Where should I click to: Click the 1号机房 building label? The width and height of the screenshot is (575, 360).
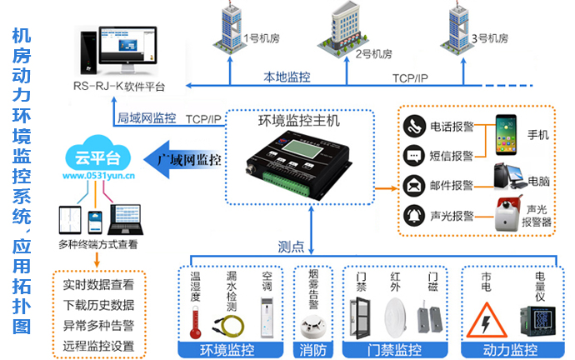pos(257,38)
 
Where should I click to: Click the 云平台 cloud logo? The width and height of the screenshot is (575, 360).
pos(93,157)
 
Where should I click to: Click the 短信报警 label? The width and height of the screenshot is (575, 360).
pos(452,156)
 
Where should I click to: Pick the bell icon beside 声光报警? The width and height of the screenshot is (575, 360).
pos(414,215)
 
